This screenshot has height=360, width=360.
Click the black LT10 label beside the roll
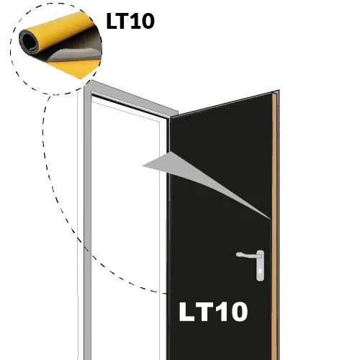point(130,21)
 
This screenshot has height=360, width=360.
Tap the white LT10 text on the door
point(213,312)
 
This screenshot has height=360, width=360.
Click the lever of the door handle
point(247,255)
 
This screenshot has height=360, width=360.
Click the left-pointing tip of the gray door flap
point(143,166)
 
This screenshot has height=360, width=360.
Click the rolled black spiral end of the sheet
point(30,41)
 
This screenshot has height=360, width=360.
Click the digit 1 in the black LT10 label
point(134,21)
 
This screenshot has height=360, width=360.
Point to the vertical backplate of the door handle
point(260,266)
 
